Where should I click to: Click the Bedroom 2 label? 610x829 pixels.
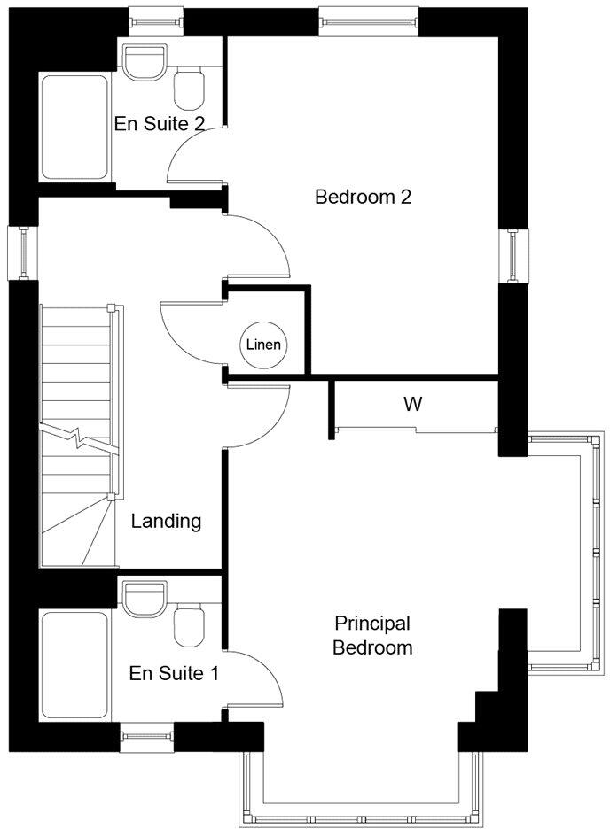pyautogui.click(x=363, y=197)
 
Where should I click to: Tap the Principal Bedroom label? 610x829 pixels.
pyautogui.click(x=372, y=635)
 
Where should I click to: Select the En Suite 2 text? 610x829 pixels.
pyautogui.click(x=160, y=123)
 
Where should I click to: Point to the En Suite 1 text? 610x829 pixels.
pyautogui.click(x=174, y=674)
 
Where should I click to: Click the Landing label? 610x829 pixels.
pyautogui.click(x=167, y=521)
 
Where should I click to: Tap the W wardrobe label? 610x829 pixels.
pyautogui.click(x=412, y=405)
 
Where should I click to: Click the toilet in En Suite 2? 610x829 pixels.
pyautogui.click(x=190, y=89)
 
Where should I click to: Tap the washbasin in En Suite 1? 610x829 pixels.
pyautogui.click(x=145, y=598)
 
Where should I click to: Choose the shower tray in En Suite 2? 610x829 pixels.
pyautogui.click(x=75, y=125)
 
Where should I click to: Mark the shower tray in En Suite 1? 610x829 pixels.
pyautogui.click(x=74, y=664)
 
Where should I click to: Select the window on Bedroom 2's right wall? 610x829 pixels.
pyautogui.click(x=514, y=256)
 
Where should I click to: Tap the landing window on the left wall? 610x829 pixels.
pyautogui.click(x=24, y=252)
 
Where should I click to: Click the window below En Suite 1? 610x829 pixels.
pyautogui.click(x=147, y=733)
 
